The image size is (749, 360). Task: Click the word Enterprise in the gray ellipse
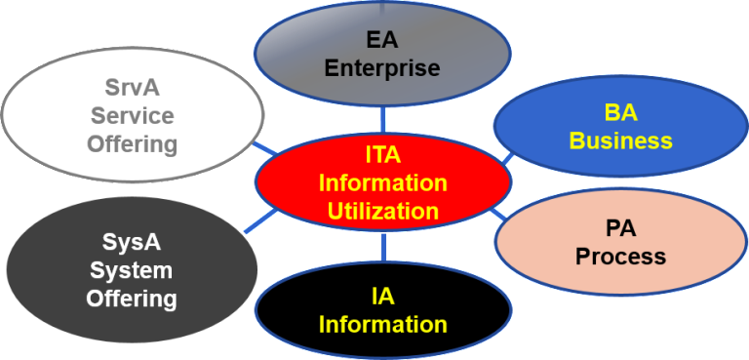tap(382, 68)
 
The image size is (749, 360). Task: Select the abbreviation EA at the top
tap(382, 42)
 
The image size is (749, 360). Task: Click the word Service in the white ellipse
tap(133, 116)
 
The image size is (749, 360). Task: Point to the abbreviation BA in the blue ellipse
tap(620, 113)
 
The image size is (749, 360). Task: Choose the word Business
tap(620, 140)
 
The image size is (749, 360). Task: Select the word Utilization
tap(382, 210)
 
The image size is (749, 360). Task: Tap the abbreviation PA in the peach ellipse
tap(620, 229)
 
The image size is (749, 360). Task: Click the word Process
tap(620, 257)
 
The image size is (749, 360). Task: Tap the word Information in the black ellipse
tap(382, 324)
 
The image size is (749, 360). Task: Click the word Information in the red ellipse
tap(382, 183)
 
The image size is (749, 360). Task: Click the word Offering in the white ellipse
tap(133, 144)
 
